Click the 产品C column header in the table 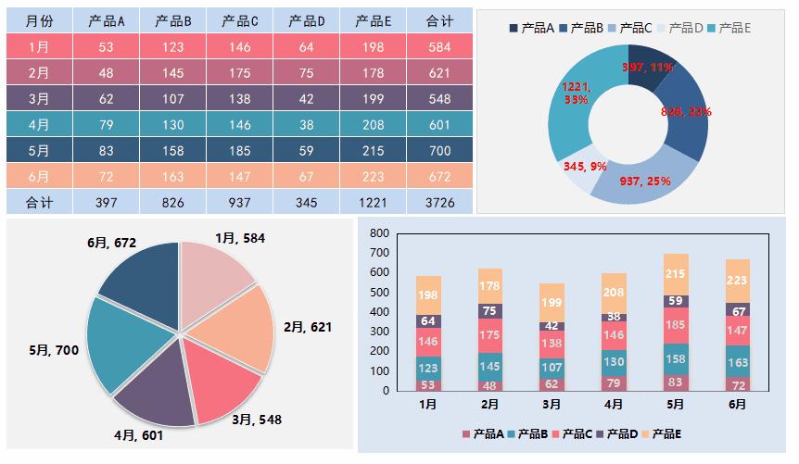pyautogui.click(x=240, y=20)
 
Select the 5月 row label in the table pyautogui.click(x=39, y=149)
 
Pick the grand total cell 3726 pyautogui.click(x=439, y=201)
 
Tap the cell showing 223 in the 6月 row pyautogui.click(x=374, y=175)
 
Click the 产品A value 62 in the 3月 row pyautogui.click(x=106, y=98)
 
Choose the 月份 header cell pyautogui.click(x=39, y=20)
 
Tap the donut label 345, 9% pyautogui.click(x=585, y=168)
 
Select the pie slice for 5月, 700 pyautogui.click(x=125, y=343)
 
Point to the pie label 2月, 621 pyautogui.click(x=307, y=327)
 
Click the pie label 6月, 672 pyautogui.click(x=112, y=243)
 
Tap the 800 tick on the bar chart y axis pyautogui.click(x=378, y=233)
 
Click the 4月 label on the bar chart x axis pyautogui.click(x=613, y=405)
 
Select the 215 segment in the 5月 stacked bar pyautogui.click(x=676, y=274)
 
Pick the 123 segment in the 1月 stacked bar pyautogui.click(x=427, y=369)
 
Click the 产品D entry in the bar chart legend pyautogui.click(x=619, y=433)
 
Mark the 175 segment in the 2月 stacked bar pyautogui.click(x=489, y=335)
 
